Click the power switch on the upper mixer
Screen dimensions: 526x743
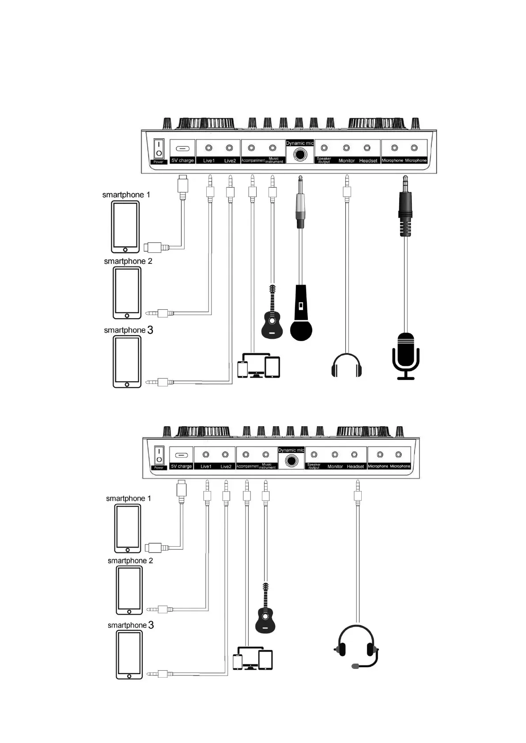click(x=159, y=149)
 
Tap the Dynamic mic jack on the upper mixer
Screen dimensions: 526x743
click(x=300, y=155)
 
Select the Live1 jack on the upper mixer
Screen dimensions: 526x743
click(x=209, y=148)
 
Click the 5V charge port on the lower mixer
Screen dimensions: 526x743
click(x=182, y=455)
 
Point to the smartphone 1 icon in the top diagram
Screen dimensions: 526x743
click(x=125, y=227)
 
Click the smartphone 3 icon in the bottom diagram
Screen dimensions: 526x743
click(x=129, y=654)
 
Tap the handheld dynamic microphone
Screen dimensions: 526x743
click(x=301, y=313)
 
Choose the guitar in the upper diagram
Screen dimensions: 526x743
click(x=272, y=313)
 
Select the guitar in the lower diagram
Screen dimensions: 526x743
click(x=265, y=609)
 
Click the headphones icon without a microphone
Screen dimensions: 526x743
click(x=347, y=365)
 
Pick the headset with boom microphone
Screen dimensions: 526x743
click(x=357, y=646)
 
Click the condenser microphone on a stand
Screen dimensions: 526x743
click(x=405, y=356)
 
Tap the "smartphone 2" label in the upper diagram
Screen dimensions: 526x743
click(x=128, y=261)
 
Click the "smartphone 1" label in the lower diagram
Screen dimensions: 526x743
click(x=129, y=499)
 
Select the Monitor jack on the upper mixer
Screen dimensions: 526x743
click(x=346, y=148)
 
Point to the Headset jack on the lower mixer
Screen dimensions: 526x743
click(x=354, y=455)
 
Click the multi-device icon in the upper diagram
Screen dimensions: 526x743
click(x=259, y=365)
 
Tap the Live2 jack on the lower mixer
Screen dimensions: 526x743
click(x=225, y=455)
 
